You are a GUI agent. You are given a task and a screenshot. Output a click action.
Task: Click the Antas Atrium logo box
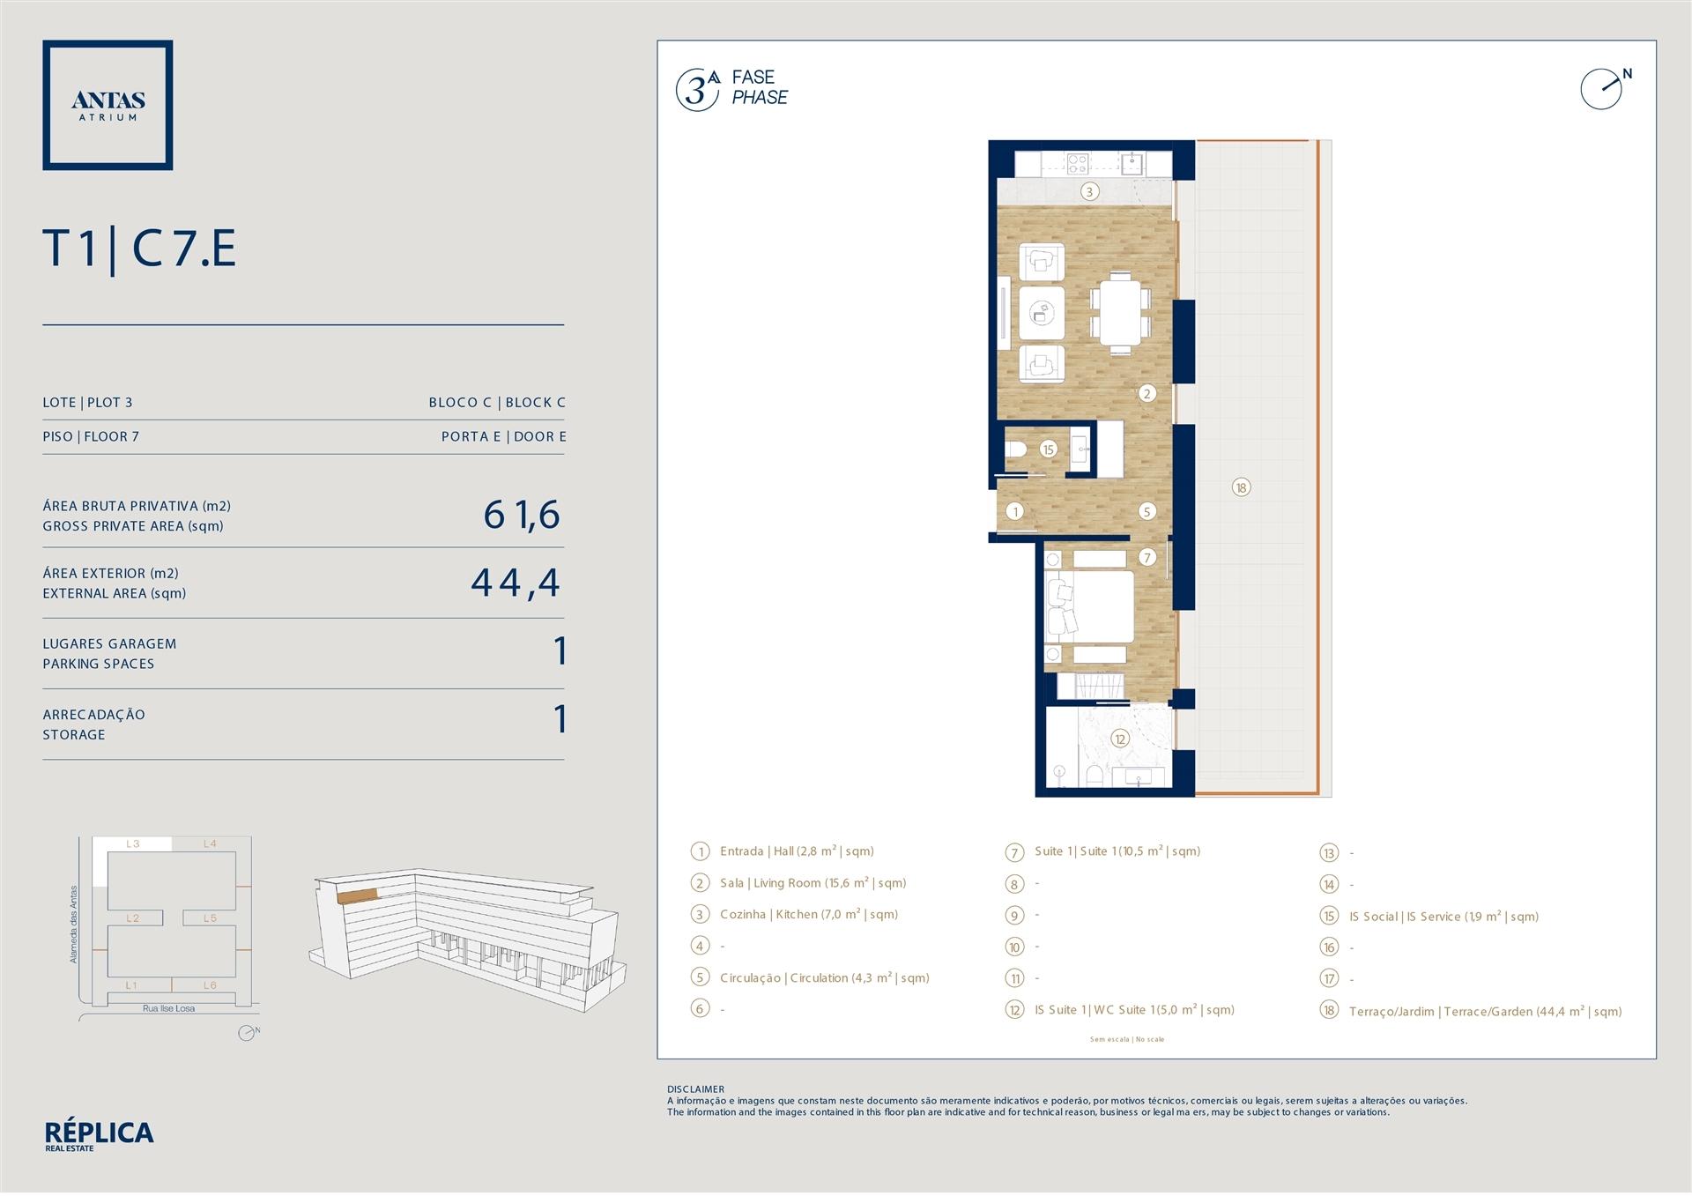[108, 105]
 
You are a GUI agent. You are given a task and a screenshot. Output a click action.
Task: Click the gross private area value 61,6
[522, 515]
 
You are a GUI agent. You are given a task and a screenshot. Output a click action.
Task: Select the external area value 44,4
[516, 583]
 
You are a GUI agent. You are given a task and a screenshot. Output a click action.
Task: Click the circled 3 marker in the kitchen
[1089, 191]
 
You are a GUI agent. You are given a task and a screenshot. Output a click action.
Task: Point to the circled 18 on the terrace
[1241, 487]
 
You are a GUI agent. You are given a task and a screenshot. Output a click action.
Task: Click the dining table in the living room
[1120, 312]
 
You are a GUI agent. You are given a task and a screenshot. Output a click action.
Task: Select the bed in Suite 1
[1089, 606]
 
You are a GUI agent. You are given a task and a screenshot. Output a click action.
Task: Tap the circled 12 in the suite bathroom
[1120, 739]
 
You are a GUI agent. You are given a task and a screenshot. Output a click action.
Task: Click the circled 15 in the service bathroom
[1048, 449]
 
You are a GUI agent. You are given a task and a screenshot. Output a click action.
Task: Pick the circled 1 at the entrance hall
[1015, 511]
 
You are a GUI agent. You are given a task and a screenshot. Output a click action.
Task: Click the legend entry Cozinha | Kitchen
[809, 915]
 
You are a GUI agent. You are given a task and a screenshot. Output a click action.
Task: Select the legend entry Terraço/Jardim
[1486, 1011]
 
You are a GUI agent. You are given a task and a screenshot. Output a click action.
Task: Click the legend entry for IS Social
[1443, 917]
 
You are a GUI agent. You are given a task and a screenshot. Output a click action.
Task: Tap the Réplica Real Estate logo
[99, 1136]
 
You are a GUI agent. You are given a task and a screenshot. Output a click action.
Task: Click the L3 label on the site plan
[132, 844]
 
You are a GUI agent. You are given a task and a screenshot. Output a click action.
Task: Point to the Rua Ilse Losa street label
[168, 1008]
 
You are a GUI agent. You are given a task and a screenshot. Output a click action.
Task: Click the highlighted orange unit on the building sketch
[357, 895]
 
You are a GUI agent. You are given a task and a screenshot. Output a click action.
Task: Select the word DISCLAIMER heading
[695, 1089]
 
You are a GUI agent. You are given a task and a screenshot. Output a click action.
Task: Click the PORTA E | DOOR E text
[503, 436]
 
